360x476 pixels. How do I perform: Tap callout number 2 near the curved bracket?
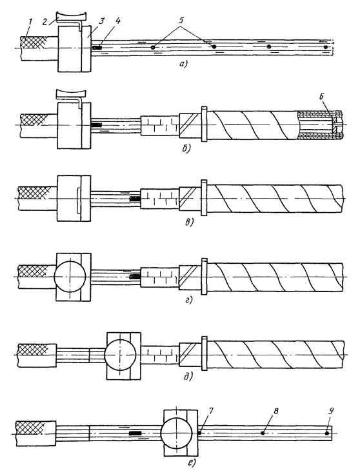click(45, 23)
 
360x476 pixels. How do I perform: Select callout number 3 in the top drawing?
click(103, 21)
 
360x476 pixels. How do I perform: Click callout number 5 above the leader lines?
click(181, 21)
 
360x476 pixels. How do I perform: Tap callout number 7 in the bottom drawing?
click(211, 411)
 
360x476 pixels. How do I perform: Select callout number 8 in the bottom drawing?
click(276, 411)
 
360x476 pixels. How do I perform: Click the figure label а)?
click(184, 64)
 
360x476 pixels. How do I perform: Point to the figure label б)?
click(185, 148)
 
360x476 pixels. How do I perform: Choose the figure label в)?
click(188, 223)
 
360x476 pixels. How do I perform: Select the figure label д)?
click(188, 377)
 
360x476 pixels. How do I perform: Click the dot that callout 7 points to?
click(200, 433)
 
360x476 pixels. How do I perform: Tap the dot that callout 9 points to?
click(326, 433)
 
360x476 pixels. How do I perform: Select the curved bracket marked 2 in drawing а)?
click(72, 16)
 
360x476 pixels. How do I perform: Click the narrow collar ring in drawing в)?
click(205, 198)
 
